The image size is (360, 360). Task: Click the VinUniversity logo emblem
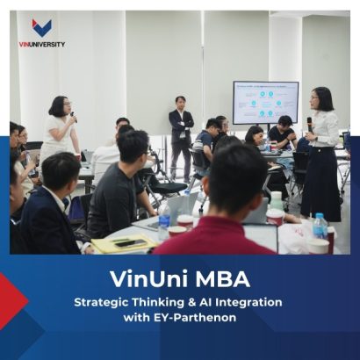[x=41, y=28]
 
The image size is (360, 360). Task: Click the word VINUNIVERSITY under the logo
[x=41, y=44]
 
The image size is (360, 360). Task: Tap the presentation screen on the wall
[x=264, y=102]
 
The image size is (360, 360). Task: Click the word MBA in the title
[x=223, y=280]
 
